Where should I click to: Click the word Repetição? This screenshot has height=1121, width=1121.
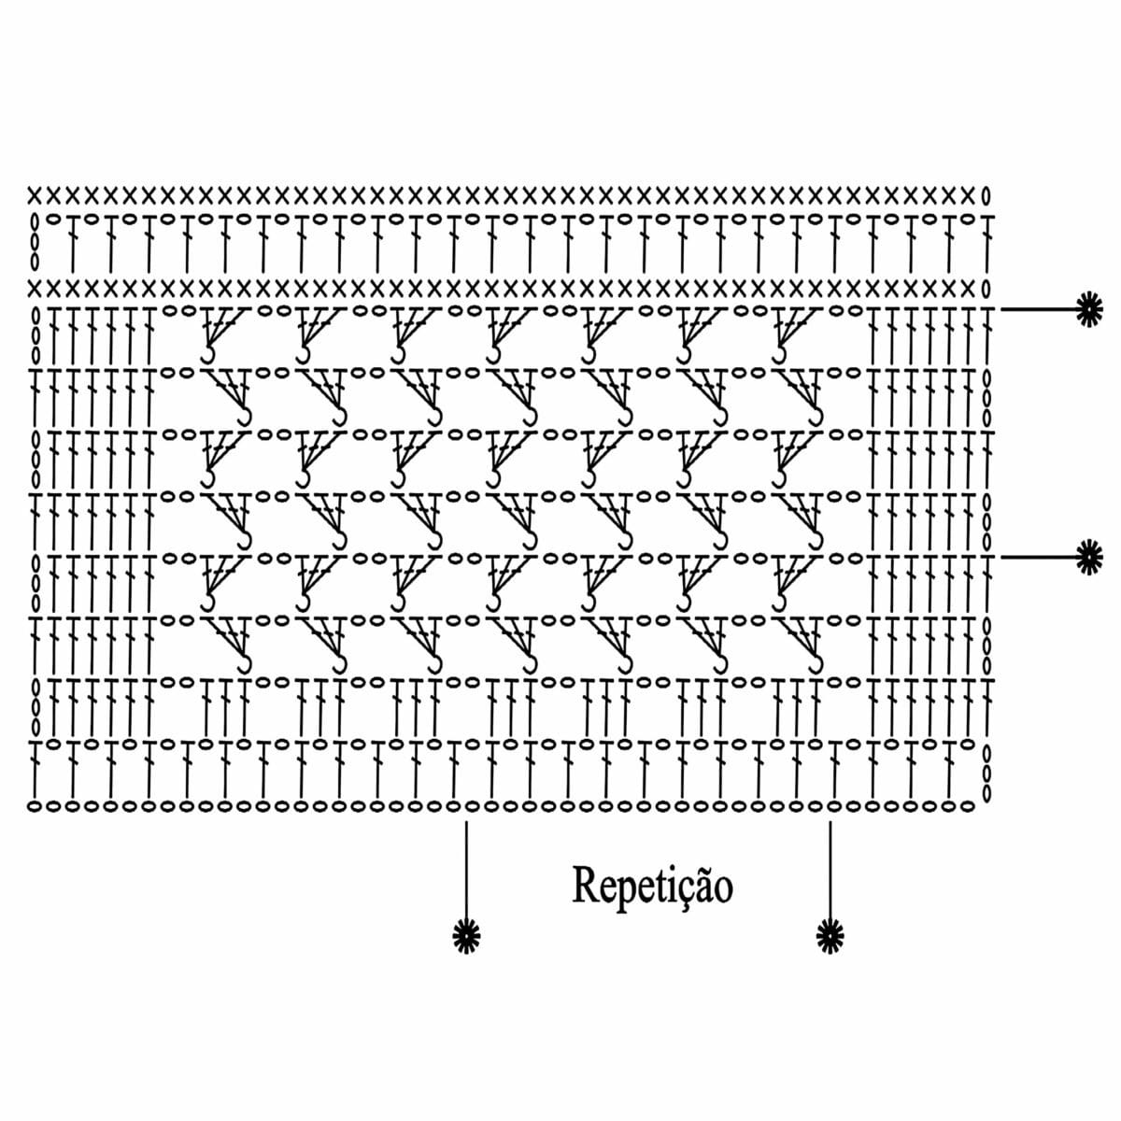pos(652,887)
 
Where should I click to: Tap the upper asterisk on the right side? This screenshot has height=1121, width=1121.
pos(1089,309)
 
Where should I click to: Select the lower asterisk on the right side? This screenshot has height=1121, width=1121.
pos(1089,557)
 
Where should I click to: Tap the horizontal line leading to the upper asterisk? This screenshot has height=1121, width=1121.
pos(1039,309)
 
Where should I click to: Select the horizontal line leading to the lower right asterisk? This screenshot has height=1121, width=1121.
pos(1039,558)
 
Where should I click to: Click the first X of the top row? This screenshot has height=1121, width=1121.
pos(35,195)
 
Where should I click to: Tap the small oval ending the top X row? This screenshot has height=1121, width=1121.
pos(985,195)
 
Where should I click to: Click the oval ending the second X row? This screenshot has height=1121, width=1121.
pos(985,288)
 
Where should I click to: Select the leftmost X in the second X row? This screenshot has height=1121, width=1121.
pos(35,288)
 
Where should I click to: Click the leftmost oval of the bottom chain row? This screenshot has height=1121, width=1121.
pos(35,806)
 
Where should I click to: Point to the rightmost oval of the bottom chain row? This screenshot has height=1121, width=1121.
pos(966,806)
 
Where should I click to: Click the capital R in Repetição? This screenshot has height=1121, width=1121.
pos(586,885)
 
